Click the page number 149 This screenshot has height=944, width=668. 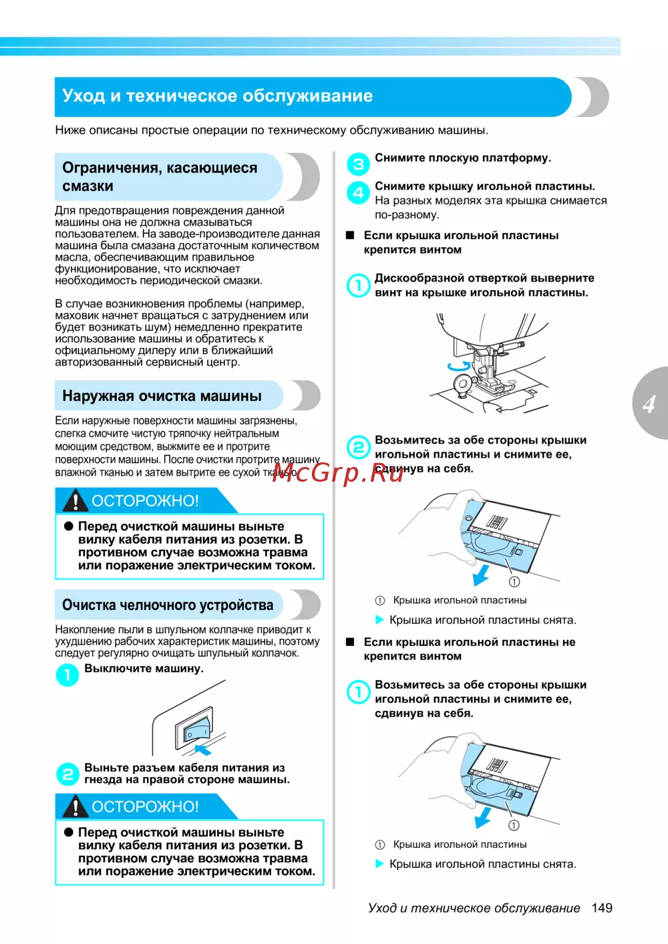click(602, 908)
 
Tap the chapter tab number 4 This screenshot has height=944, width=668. click(649, 404)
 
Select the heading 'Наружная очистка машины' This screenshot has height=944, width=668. click(162, 396)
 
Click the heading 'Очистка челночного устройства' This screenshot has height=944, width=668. click(168, 605)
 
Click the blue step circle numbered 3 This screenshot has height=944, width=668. click(358, 164)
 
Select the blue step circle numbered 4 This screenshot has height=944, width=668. click(358, 192)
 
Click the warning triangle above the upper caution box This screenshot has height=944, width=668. click(76, 500)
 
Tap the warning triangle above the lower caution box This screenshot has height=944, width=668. click(76, 806)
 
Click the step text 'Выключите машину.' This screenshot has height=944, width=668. click(144, 668)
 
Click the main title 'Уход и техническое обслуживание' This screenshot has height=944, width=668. click(217, 96)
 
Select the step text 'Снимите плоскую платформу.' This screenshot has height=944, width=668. click(463, 158)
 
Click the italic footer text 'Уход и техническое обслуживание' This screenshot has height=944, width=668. click(474, 908)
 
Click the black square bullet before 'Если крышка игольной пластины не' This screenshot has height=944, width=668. click(349, 642)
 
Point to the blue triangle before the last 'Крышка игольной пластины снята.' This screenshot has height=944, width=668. click(379, 864)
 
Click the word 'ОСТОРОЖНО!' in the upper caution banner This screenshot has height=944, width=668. click(145, 501)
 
